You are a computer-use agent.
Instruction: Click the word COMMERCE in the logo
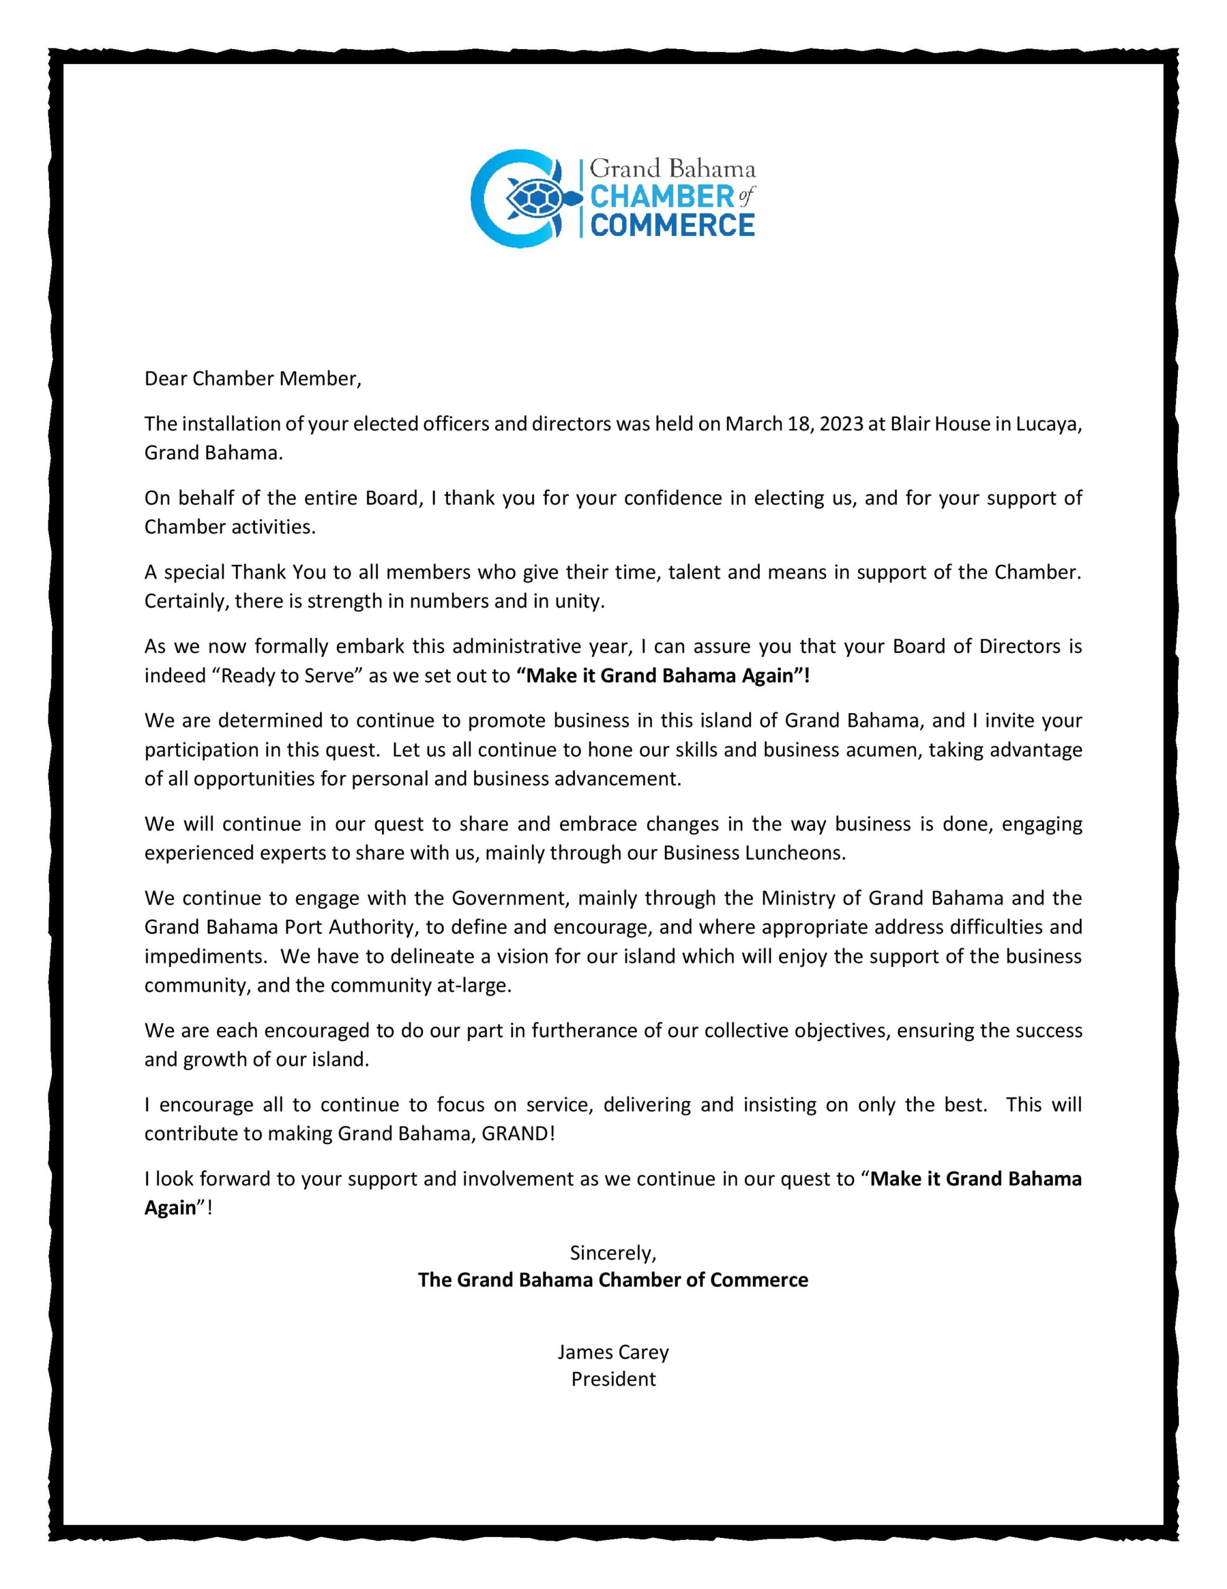pyautogui.click(x=671, y=225)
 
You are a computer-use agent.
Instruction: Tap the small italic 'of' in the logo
pyautogui.click(x=746, y=196)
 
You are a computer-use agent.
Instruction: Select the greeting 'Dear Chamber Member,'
pyautogui.click(x=252, y=379)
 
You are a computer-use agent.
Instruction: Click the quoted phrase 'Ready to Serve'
pyautogui.click(x=287, y=676)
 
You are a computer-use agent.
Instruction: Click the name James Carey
pyautogui.click(x=613, y=1352)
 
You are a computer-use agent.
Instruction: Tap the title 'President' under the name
pyautogui.click(x=613, y=1379)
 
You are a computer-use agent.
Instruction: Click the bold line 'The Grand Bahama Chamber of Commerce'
pyautogui.click(x=613, y=1280)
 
